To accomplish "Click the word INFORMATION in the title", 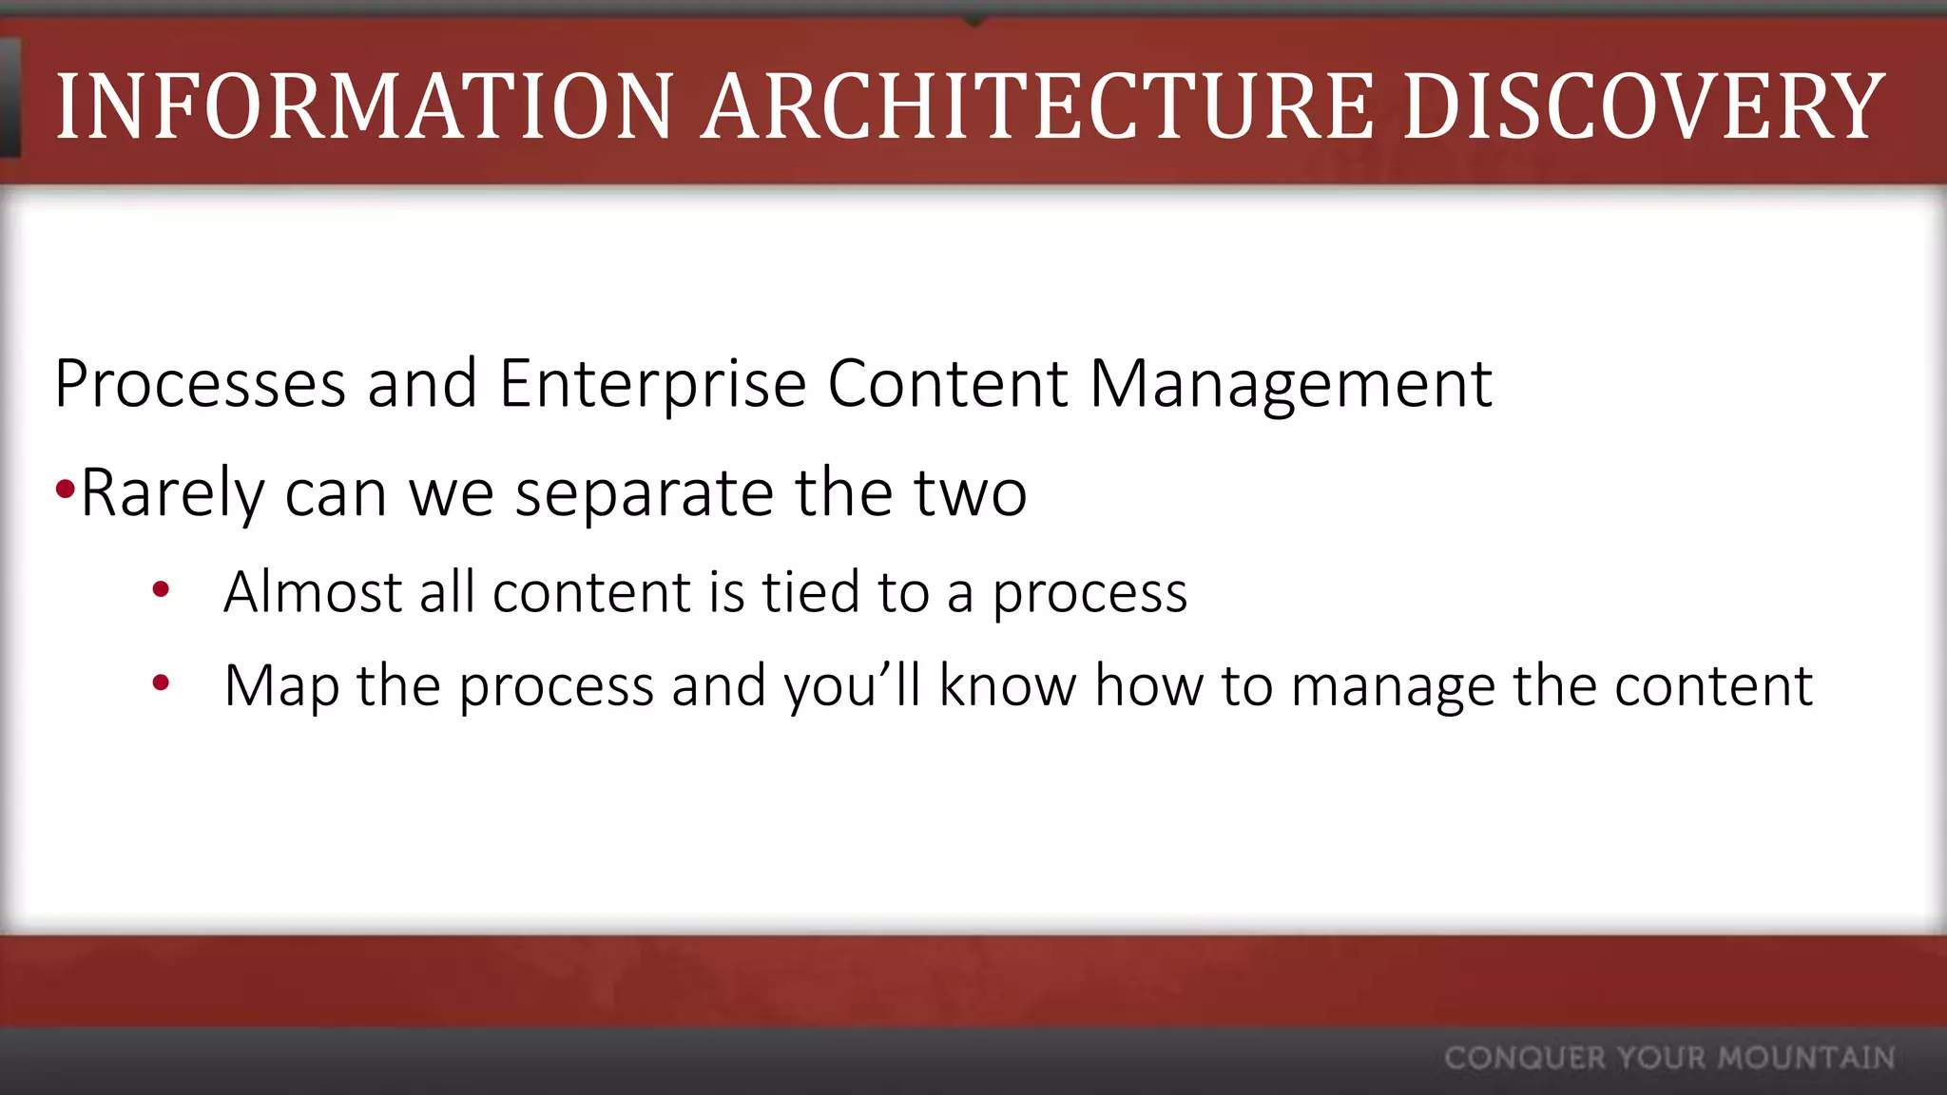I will click(364, 106).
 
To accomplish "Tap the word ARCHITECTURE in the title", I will click(1037, 106).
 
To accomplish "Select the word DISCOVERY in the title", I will click(1643, 106).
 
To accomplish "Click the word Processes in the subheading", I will click(200, 384).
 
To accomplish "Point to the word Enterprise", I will click(652, 384).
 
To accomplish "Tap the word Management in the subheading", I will click(1290, 384).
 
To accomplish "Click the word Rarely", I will click(172, 493).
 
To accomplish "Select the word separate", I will click(645, 493).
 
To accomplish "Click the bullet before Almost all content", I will click(161, 589).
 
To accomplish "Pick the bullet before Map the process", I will click(161, 682).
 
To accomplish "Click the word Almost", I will click(312, 592).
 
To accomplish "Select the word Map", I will click(281, 686).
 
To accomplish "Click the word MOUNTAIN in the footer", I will click(1806, 1058).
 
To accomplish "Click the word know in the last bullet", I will click(1008, 686).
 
